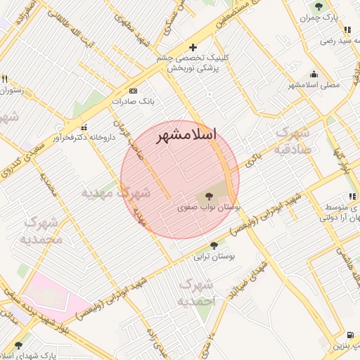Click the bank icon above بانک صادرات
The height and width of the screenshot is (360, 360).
click(x=133, y=91)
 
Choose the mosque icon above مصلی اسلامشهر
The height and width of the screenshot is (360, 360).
click(x=313, y=75)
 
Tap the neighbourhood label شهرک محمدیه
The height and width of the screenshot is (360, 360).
click(x=42, y=231)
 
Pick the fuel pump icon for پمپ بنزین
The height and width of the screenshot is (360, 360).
click(x=350, y=335)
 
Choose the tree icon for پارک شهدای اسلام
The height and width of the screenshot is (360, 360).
click(x=18, y=345)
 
